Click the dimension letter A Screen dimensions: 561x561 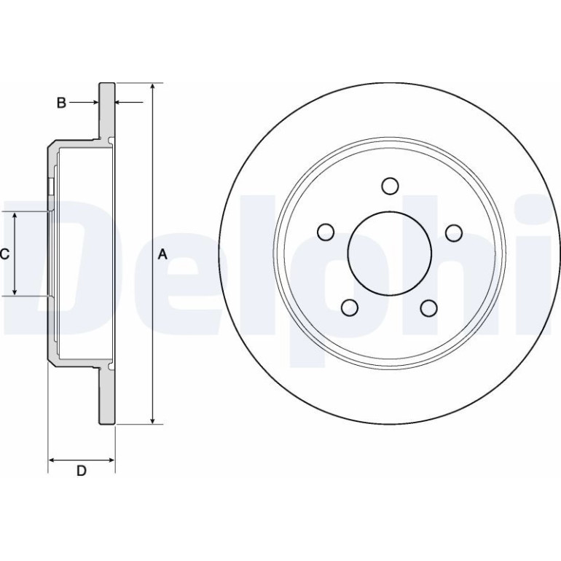pyautogui.click(x=162, y=254)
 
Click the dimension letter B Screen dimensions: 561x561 pyautogui.click(x=61, y=103)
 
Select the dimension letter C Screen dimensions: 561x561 pyautogui.click(x=4, y=254)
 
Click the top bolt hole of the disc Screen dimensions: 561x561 pyautogui.click(x=390, y=186)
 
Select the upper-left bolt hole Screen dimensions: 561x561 pyautogui.click(x=326, y=232)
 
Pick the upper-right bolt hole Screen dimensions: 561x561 pyautogui.click(x=454, y=232)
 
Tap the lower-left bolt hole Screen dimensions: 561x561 pyautogui.click(x=350, y=307)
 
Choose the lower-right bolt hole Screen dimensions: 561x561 pyautogui.click(x=429, y=308)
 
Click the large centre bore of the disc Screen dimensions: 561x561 pyautogui.click(x=390, y=254)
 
